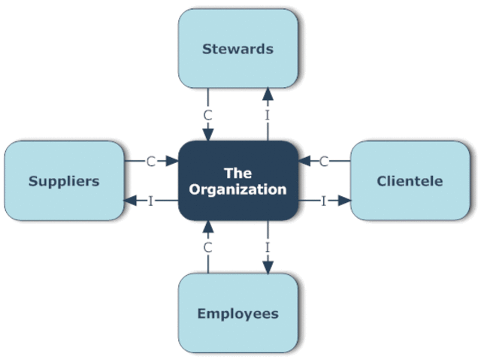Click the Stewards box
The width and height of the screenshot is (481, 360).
[x=237, y=49]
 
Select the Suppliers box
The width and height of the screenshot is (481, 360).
[x=64, y=180]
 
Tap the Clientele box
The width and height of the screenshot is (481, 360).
[x=410, y=180]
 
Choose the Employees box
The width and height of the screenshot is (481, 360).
[x=237, y=313]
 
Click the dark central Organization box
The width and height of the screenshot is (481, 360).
[x=237, y=180]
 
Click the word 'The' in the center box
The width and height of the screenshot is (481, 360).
[x=237, y=173]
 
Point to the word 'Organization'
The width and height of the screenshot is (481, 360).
[x=237, y=189]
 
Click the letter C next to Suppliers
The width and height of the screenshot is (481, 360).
[x=150, y=160]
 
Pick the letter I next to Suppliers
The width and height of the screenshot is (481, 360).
[x=150, y=201]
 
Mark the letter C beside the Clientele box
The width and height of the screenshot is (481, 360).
[x=325, y=160]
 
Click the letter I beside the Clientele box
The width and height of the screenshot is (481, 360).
[x=324, y=201]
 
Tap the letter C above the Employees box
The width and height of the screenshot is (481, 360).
[x=208, y=247]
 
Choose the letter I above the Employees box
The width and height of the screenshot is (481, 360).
[x=267, y=247]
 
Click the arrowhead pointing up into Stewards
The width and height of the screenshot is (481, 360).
[x=267, y=93]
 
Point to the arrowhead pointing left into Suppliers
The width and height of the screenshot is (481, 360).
[x=130, y=201]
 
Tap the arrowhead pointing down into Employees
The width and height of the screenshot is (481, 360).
[x=267, y=268]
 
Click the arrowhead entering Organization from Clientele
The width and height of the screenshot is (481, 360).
[x=304, y=160]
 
